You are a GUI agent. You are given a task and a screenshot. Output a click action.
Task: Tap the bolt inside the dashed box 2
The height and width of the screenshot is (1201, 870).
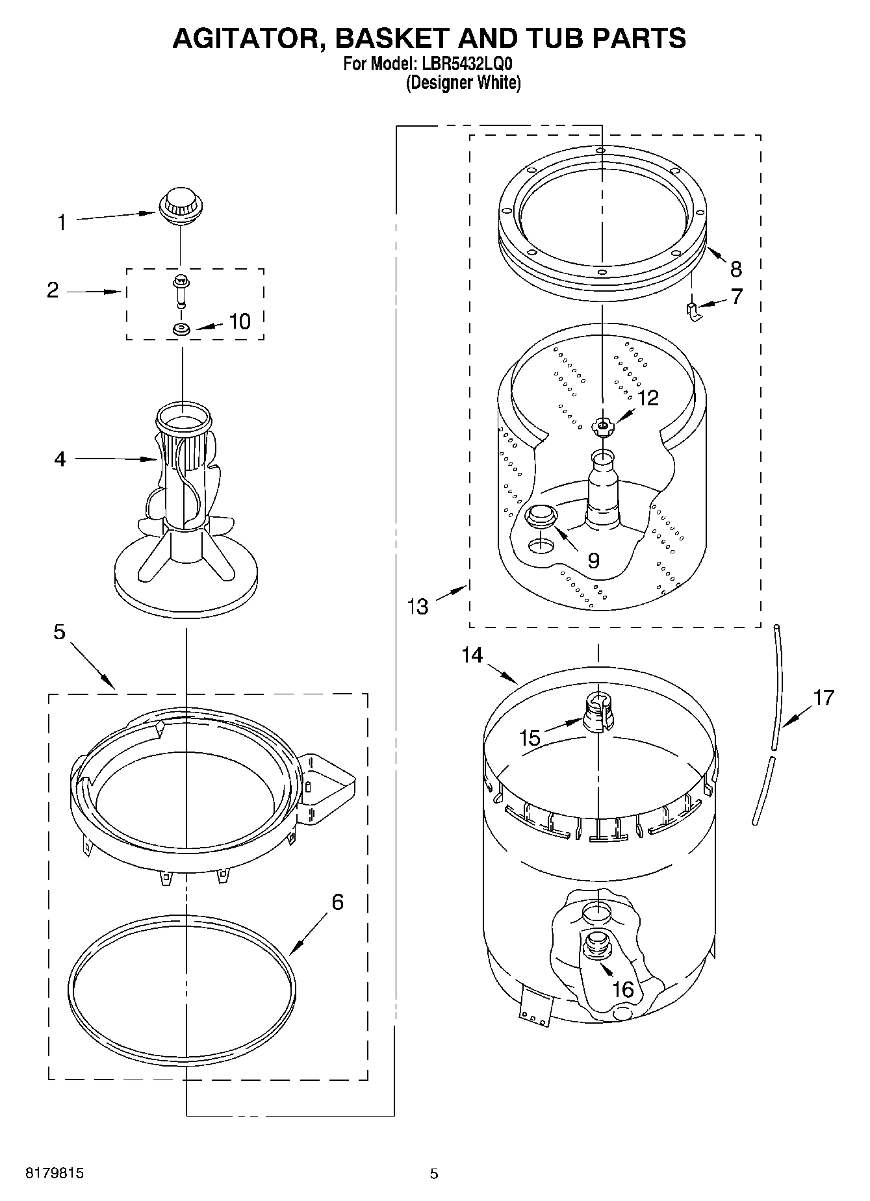tap(180, 290)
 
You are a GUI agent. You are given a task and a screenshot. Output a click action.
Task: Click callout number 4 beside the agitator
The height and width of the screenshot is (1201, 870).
tap(60, 460)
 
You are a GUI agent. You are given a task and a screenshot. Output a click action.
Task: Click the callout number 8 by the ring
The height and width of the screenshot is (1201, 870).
tap(735, 269)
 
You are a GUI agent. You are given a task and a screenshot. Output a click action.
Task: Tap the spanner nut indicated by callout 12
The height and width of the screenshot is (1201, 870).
tap(602, 427)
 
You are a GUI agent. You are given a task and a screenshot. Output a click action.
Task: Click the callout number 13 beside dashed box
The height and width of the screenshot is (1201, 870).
tap(418, 607)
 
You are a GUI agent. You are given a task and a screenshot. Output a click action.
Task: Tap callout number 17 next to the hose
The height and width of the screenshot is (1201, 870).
tap(823, 698)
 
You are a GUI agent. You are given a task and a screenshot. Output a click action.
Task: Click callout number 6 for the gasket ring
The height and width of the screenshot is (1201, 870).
tap(337, 902)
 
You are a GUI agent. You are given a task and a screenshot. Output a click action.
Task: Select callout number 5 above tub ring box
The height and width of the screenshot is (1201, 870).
tap(59, 631)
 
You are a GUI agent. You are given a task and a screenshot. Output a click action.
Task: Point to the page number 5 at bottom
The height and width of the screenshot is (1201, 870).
tap(433, 1174)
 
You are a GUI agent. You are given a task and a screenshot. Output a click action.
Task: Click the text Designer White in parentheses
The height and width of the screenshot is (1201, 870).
tap(463, 83)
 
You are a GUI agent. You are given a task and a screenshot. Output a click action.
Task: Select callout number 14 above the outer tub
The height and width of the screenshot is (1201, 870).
tap(472, 655)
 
